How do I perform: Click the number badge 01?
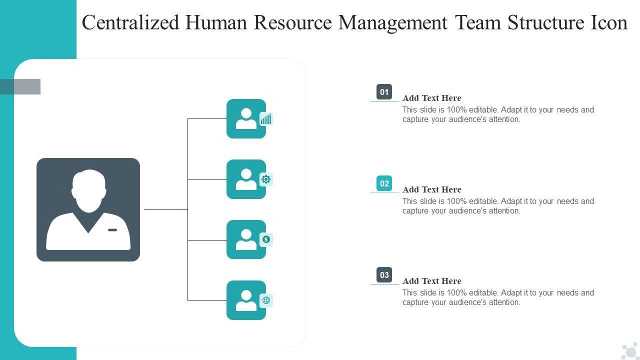(x=384, y=92)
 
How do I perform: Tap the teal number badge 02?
(x=384, y=183)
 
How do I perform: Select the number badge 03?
(x=384, y=275)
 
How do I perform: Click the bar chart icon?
(x=266, y=119)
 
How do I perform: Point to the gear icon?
(x=266, y=179)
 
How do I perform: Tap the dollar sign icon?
(x=266, y=239)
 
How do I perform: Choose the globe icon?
(x=266, y=300)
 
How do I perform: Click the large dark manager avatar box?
(x=88, y=209)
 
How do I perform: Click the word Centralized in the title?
(x=130, y=23)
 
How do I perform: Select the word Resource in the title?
(x=293, y=23)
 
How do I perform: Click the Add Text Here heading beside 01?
(x=432, y=98)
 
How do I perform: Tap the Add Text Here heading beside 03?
(x=432, y=281)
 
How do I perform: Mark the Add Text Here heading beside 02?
(x=432, y=189)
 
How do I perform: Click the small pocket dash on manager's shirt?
(x=112, y=230)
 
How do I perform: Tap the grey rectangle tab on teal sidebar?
(x=20, y=86)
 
